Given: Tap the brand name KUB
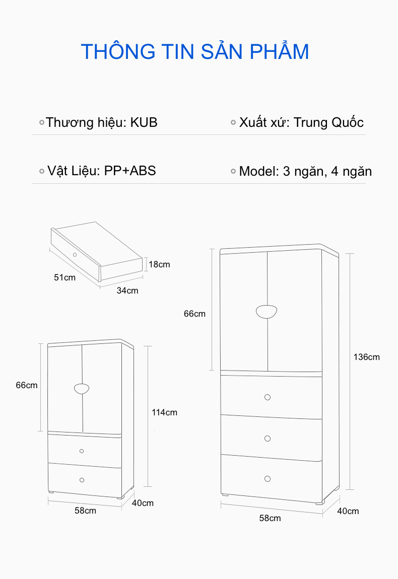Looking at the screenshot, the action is (144, 122).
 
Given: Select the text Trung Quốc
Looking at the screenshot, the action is (328, 122).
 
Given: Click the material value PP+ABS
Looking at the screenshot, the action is (130, 171).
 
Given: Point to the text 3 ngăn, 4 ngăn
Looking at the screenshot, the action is (327, 172).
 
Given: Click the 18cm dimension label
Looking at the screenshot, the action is (159, 264).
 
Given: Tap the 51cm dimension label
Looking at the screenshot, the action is (64, 277).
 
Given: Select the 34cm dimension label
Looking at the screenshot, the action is (127, 291).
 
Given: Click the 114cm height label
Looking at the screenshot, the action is (164, 412).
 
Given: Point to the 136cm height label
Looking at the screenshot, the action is (367, 357).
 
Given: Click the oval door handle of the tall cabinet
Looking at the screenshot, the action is (267, 311).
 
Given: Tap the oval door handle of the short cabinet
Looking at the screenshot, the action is (82, 389).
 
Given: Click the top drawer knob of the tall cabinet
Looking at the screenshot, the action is (268, 397).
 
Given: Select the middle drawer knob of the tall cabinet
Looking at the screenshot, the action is (268, 439).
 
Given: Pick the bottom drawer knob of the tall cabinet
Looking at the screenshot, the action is (268, 479).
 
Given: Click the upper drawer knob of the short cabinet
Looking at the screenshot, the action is (82, 451).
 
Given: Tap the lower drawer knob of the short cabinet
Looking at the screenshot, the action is (82, 480).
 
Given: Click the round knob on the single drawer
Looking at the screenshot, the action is (75, 255).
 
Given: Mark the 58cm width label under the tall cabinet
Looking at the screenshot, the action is (270, 518).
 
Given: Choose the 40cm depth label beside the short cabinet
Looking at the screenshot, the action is (143, 503).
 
